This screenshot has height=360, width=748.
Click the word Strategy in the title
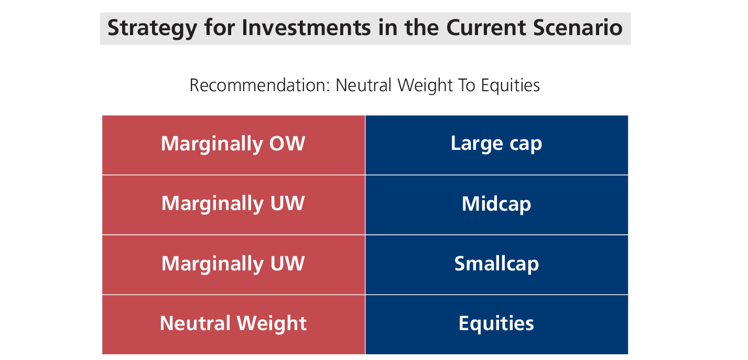[152, 28]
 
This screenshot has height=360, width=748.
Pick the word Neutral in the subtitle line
[363, 85]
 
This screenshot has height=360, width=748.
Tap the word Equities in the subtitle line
[510, 86]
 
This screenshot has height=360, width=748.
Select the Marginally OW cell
[233, 145]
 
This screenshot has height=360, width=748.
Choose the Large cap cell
[496, 145]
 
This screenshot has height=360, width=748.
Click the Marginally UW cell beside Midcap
[233, 205]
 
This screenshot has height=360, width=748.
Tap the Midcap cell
[496, 205]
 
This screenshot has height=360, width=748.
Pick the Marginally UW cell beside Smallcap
[233, 265]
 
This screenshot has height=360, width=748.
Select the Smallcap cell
[496, 265]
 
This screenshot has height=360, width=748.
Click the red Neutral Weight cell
[233, 324]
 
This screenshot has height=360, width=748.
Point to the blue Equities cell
[496, 324]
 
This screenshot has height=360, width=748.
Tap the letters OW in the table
[287, 144]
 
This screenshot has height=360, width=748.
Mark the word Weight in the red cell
[272, 324]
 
